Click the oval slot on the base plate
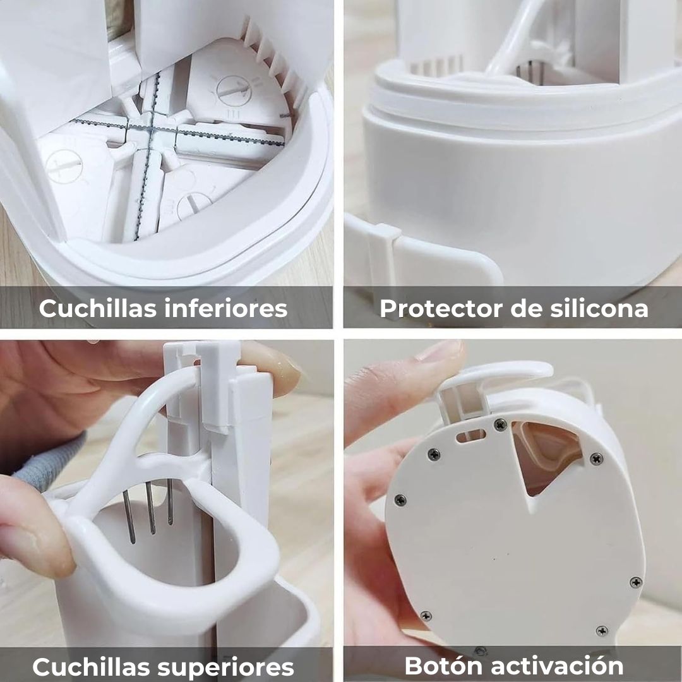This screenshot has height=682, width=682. tap(470, 435)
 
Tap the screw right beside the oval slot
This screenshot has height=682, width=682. tap(500, 424)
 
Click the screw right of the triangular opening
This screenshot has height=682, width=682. tap(596, 458)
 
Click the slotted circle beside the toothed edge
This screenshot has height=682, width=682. tap(234, 90)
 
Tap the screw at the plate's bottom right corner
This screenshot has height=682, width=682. tap(602, 631)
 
